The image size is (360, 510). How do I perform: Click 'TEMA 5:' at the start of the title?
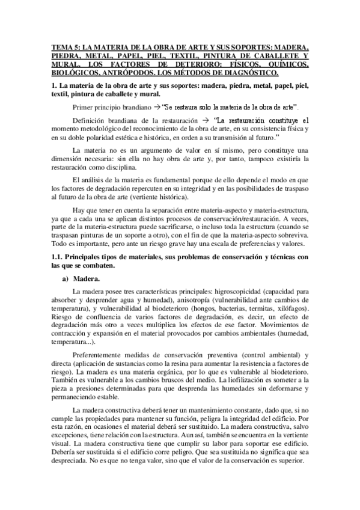point(65,47)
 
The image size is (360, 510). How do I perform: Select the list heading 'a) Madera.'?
point(86,280)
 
